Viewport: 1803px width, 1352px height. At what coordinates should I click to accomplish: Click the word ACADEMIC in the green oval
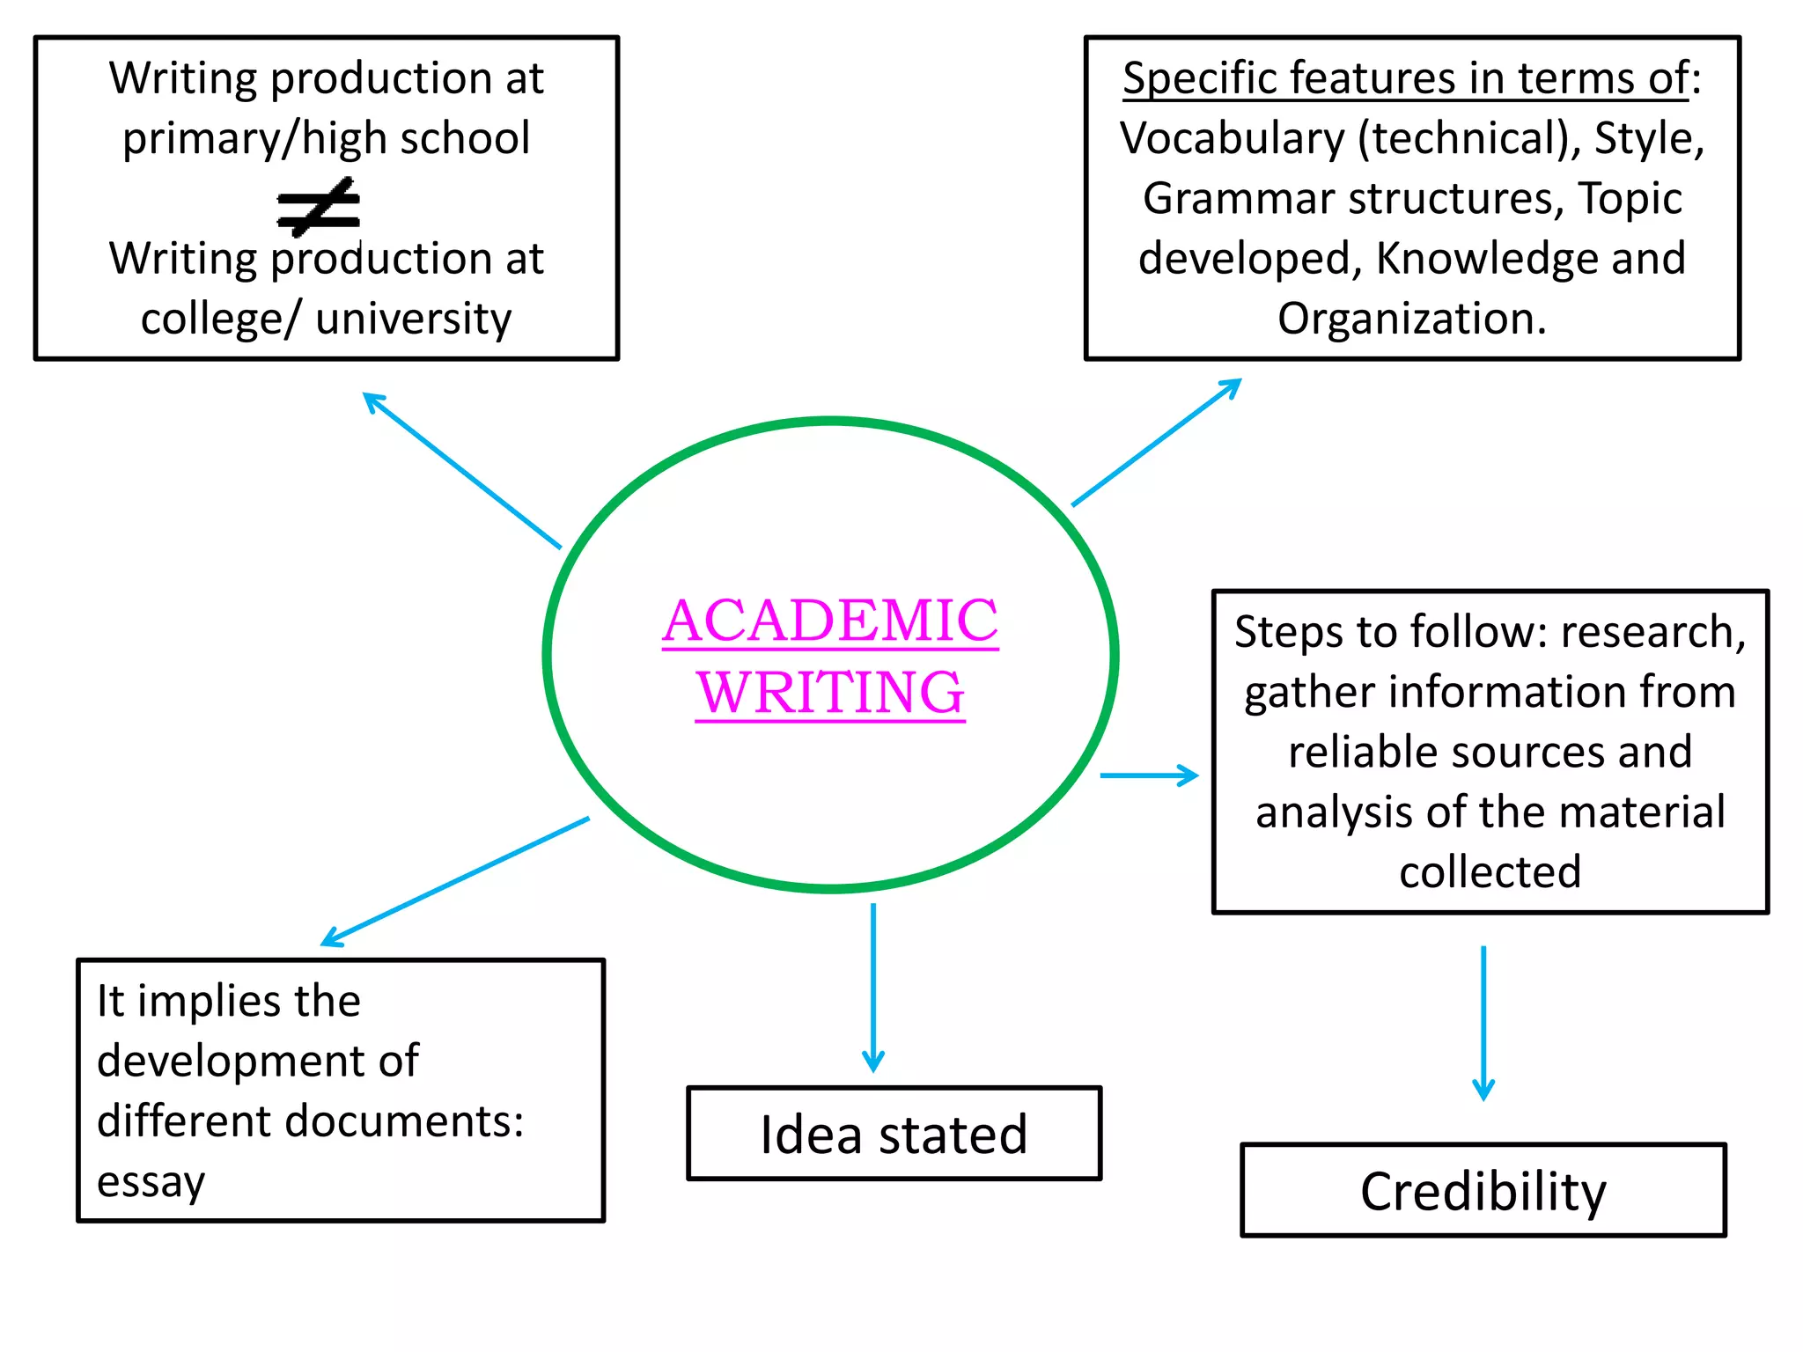coord(830,621)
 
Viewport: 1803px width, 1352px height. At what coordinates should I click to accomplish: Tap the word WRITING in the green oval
coord(830,693)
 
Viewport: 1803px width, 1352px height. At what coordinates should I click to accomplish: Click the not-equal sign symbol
coord(319,207)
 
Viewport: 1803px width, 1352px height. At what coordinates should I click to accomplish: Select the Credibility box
coord(1483,1190)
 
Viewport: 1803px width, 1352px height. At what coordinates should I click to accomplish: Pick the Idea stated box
coord(894,1134)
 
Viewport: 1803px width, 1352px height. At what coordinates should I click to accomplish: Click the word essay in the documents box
coord(151,1182)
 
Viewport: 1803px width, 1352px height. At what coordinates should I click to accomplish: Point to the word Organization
coord(1411,319)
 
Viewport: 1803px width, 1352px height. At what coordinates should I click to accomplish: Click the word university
coord(413,319)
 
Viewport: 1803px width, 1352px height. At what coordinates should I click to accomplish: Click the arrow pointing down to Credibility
coord(1483,1021)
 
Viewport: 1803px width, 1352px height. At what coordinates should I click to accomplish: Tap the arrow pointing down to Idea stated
coord(872,986)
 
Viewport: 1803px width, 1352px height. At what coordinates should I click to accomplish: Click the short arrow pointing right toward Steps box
coord(1149,775)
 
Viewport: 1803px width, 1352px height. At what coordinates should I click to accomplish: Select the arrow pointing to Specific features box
coord(1155,443)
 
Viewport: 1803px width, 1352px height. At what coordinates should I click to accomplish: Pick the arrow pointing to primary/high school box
coord(462,471)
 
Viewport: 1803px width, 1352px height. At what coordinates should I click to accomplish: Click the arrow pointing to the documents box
coord(455,882)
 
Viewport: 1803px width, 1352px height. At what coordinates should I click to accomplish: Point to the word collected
coord(1490,872)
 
